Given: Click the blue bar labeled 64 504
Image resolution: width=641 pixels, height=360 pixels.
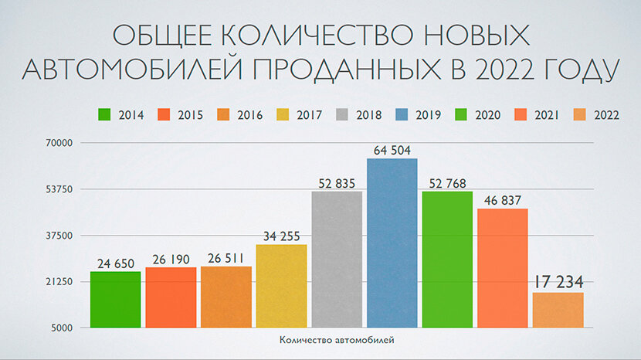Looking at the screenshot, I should click(392, 243).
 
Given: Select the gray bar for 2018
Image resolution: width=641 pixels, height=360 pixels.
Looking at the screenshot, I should click(337, 259).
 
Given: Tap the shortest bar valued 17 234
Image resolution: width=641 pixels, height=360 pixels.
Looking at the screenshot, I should click(558, 310).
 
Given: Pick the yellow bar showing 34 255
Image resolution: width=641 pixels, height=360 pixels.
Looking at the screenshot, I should click(281, 286).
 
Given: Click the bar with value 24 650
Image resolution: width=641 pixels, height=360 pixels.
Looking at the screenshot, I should click(115, 299).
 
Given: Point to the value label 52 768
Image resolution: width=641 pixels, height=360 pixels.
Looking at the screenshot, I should click(447, 182).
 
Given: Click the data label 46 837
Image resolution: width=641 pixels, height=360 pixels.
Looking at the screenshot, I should click(503, 200).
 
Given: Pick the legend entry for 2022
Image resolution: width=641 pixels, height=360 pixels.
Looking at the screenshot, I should click(596, 115).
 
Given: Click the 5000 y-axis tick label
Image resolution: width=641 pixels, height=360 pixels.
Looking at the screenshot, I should click(61, 328).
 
